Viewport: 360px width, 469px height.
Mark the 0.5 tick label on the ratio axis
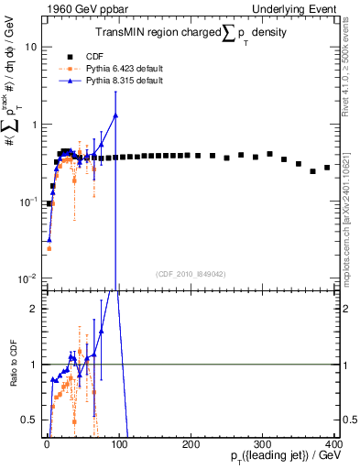click(30, 420)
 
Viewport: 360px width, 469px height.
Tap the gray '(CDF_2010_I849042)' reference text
click(190, 272)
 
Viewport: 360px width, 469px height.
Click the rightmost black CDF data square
click(327, 168)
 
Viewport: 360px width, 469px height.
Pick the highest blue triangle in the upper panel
click(115, 115)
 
